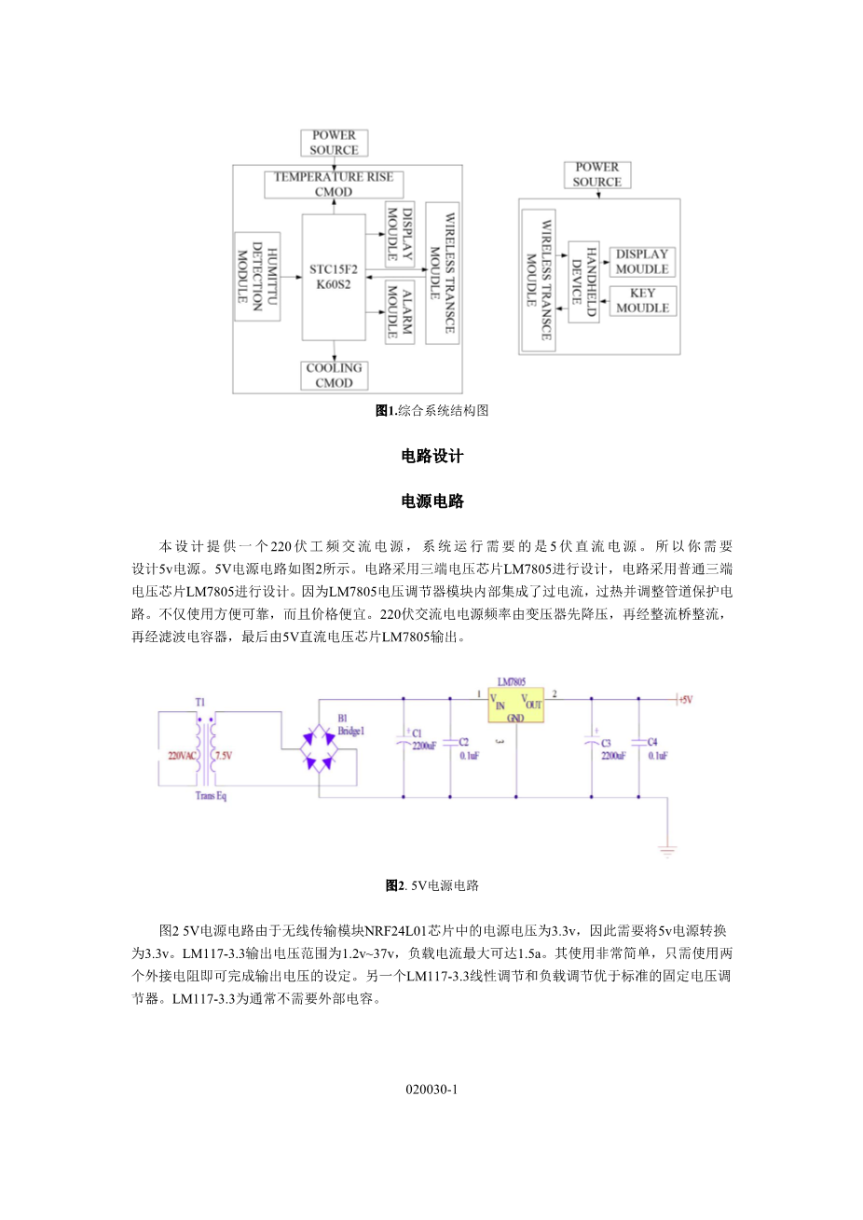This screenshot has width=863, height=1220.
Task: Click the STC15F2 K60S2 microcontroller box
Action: [x=334, y=277]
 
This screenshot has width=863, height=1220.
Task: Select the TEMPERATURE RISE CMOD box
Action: [x=334, y=184]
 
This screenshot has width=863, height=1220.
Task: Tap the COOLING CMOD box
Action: [x=334, y=375]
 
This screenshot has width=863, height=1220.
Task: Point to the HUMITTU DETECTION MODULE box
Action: [x=257, y=276]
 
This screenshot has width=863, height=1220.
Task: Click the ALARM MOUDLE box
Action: [x=399, y=312]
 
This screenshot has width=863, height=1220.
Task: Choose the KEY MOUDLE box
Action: [x=642, y=300]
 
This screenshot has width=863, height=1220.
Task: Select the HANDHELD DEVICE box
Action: [x=583, y=281]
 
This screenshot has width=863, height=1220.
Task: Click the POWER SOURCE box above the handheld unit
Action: [x=596, y=174]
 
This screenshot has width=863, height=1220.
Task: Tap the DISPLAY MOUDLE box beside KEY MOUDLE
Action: [x=642, y=261]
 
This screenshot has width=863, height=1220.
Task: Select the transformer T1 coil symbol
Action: [x=206, y=750]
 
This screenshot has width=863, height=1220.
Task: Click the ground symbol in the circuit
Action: [x=667, y=850]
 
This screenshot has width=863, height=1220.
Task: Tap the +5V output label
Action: [x=685, y=699]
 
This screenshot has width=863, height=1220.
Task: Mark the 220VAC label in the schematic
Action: [x=181, y=755]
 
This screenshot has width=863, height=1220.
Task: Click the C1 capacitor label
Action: [x=417, y=733]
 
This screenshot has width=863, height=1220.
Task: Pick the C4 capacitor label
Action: [x=652, y=742]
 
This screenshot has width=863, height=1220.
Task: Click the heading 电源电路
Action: [x=432, y=501]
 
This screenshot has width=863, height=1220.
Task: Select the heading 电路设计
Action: [x=432, y=456]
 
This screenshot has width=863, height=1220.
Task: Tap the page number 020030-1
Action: [x=431, y=1089]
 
